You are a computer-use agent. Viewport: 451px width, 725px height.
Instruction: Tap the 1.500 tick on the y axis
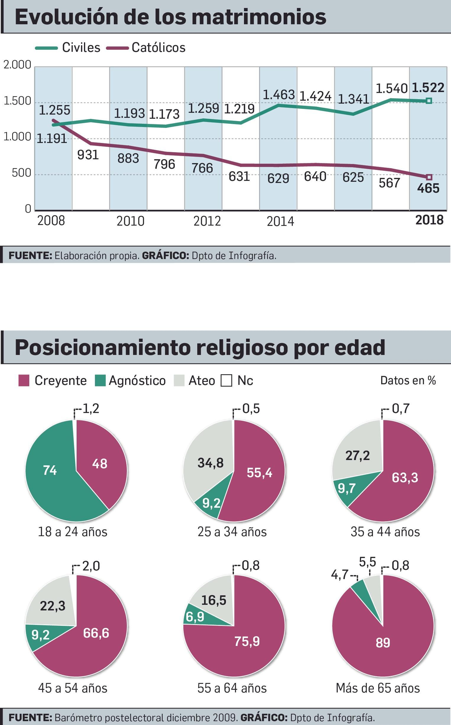pos(17,102)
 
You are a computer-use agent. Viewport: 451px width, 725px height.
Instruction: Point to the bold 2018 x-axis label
pos(429,220)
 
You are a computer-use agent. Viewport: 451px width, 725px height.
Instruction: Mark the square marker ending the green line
pos(429,101)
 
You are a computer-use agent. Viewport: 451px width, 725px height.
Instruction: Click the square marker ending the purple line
pos(429,177)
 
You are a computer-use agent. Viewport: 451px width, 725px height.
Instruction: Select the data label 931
pos(88,155)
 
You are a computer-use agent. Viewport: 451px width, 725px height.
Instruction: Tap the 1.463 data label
pos(278,95)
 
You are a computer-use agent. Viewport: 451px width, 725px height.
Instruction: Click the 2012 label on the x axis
pos(207,221)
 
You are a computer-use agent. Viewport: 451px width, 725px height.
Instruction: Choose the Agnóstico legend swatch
pos(100,381)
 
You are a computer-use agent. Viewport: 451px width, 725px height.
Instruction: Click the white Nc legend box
pos(226,381)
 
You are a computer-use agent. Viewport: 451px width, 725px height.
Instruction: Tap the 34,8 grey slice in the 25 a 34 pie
pos(211,463)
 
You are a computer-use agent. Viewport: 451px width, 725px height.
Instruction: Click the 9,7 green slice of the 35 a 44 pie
pos(346,489)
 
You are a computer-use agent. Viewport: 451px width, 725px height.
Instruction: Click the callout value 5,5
pos(368,562)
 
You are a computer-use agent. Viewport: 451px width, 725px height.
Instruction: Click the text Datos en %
pos(408,380)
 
